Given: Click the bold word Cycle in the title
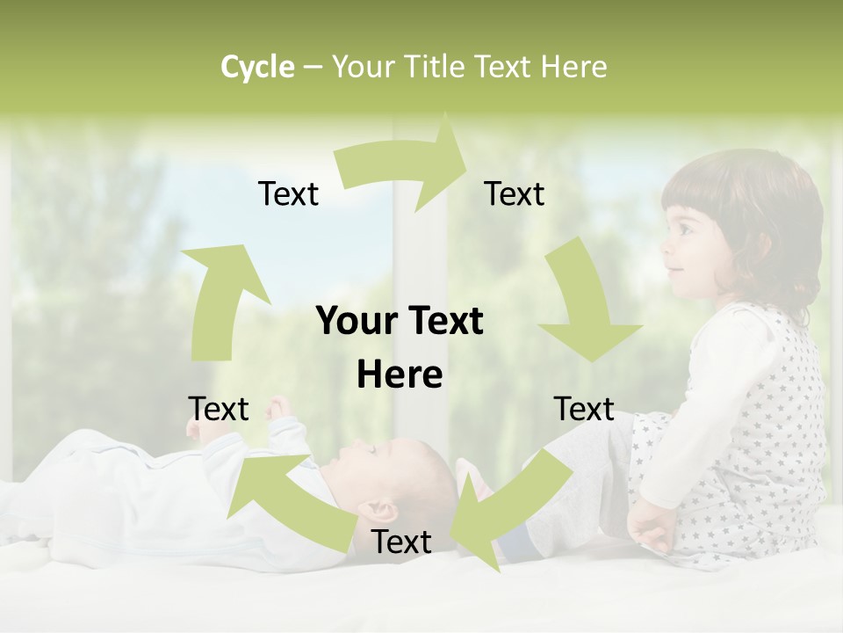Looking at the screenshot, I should click(257, 67).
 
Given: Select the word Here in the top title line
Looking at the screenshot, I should click(573, 67).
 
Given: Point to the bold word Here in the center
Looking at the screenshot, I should click(400, 375).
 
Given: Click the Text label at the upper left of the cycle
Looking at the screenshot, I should click(288, 194).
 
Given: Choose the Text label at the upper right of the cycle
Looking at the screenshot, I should click(515, 194).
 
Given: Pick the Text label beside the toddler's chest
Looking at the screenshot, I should click(584, 410).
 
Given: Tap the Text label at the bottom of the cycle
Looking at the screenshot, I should click(401, 542).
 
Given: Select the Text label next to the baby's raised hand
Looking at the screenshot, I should click(219, 410).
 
